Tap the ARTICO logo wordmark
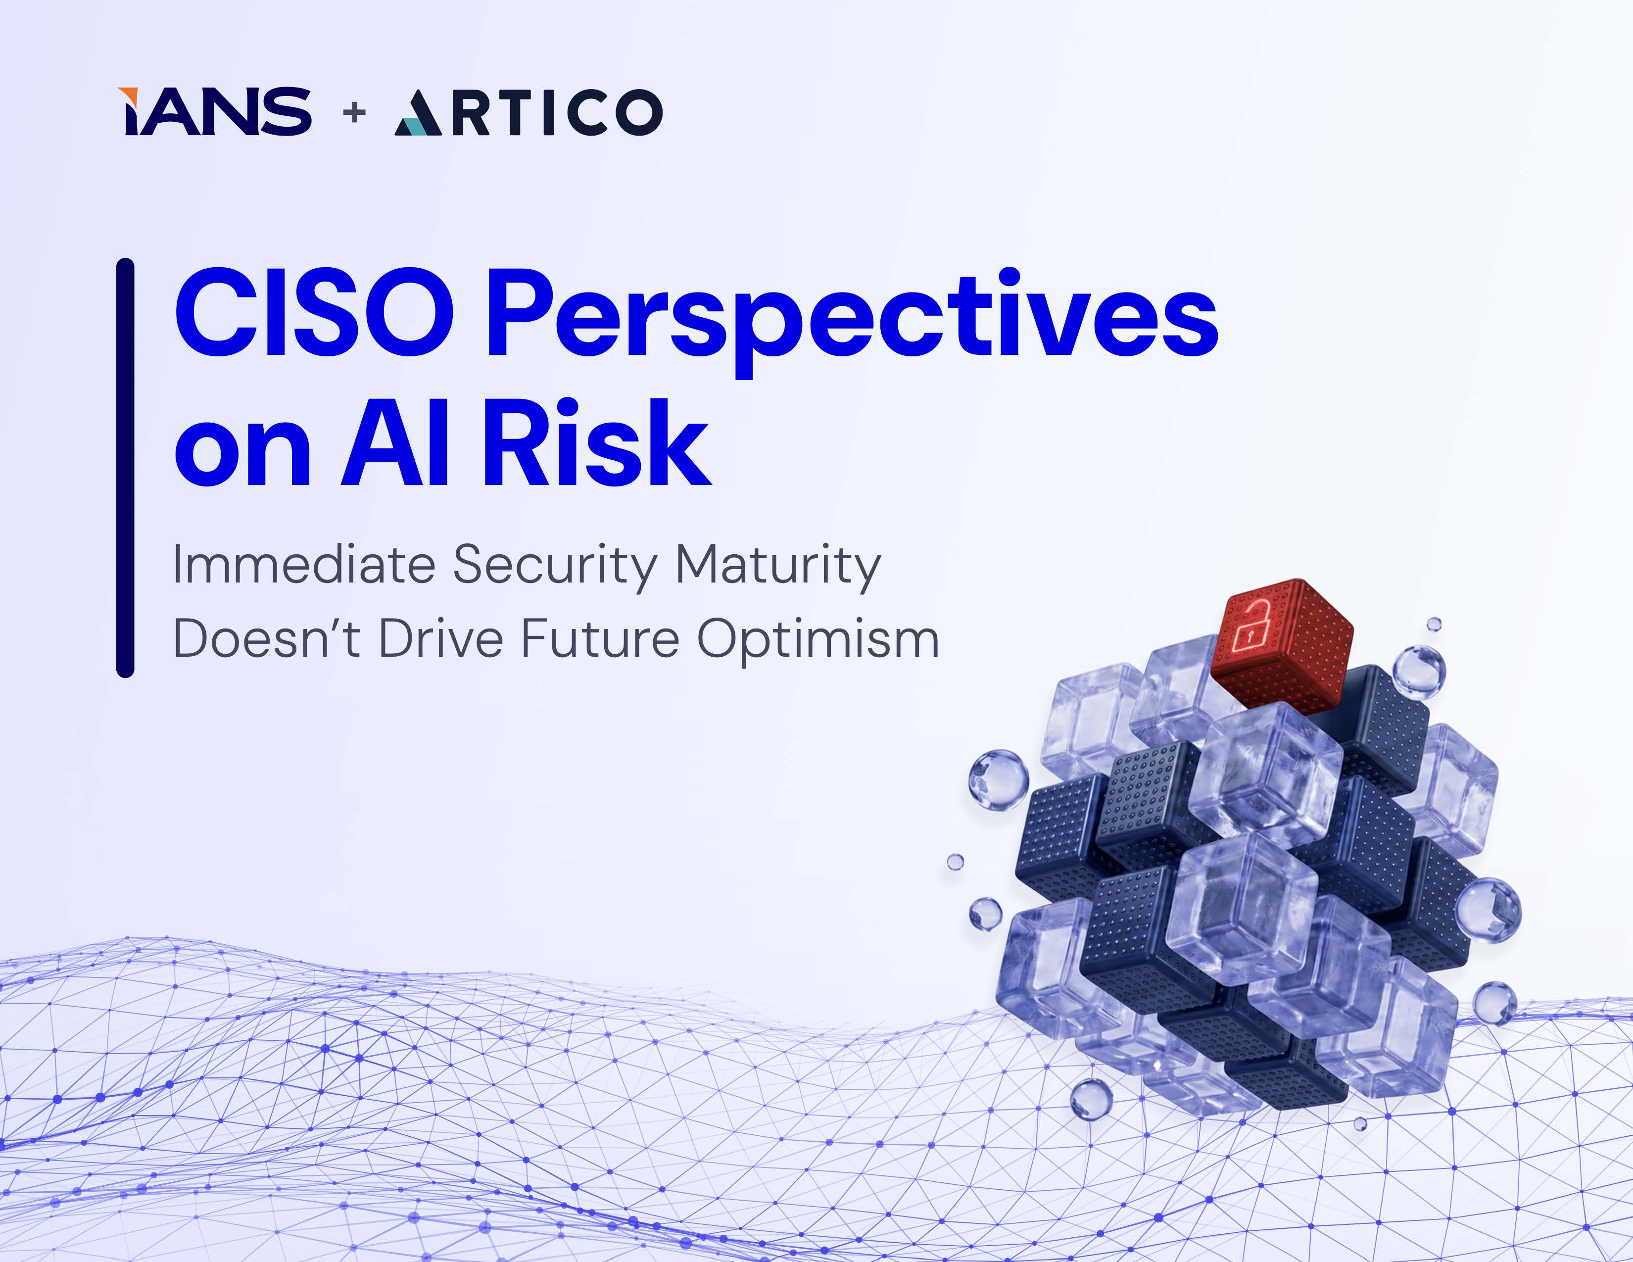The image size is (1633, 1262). (x=528, y=112)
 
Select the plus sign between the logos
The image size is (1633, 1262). (x=354, y=112)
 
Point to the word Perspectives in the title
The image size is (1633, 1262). (x=853, y=322)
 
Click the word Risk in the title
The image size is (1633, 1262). (x=596, y=442)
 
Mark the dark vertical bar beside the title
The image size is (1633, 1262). (x=125, y=468)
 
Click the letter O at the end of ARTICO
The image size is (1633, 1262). (x=639, y=113)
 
